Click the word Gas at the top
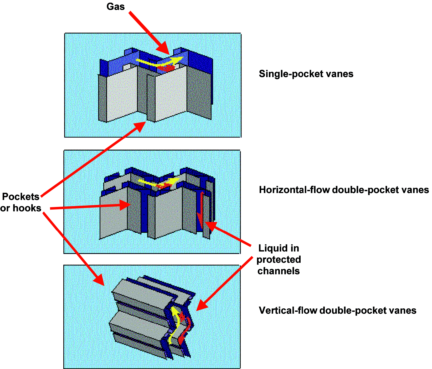tap(115, 7)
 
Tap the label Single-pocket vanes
tap(306, 74)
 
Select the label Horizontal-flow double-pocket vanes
tap(344, 190)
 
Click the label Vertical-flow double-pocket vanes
tap(337, 311)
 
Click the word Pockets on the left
tap(21, 197)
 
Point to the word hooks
tap(27, 208)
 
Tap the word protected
tap(279, 260)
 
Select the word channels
tap(279, 271)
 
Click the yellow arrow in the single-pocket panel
tap(158, 62)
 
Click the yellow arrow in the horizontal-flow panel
tap(158, 182)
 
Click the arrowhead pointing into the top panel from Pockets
tap(141, 127)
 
